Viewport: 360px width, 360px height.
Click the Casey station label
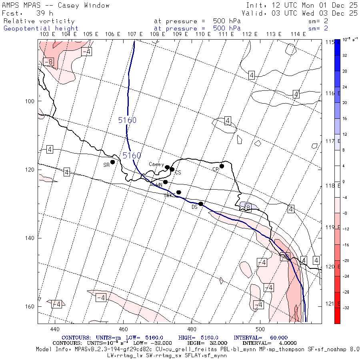(x=156, y=164)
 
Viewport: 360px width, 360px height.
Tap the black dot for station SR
(x=113, y=162)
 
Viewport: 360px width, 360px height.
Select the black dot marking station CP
(x=222, y=166)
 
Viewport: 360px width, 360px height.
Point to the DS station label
(x=194, y=207)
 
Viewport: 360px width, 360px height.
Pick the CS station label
(x=178, y=173)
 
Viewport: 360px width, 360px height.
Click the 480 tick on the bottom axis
(x=192, y=329)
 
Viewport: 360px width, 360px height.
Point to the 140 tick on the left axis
(x=30, y=238)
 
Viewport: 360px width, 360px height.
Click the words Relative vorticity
(x=39, y=21)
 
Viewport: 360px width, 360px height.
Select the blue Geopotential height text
(x=41, y=28)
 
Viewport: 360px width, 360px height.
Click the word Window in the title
(x=94, y=6)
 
